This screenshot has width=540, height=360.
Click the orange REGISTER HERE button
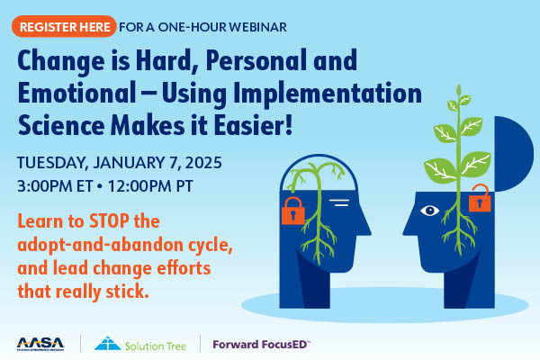(x=63, y=27)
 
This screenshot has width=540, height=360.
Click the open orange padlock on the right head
(x=482, y=195)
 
